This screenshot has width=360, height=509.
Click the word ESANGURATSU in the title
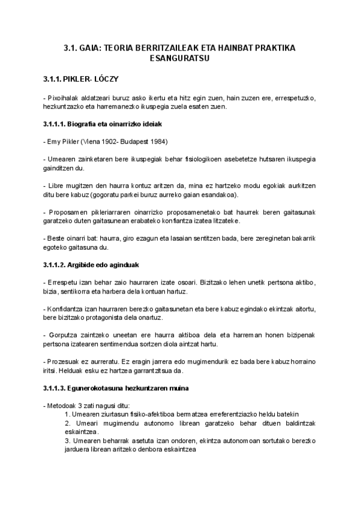click(180, 59)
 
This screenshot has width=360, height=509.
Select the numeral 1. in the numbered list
click(67, 415)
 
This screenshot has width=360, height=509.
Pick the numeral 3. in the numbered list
click(67, 441)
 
